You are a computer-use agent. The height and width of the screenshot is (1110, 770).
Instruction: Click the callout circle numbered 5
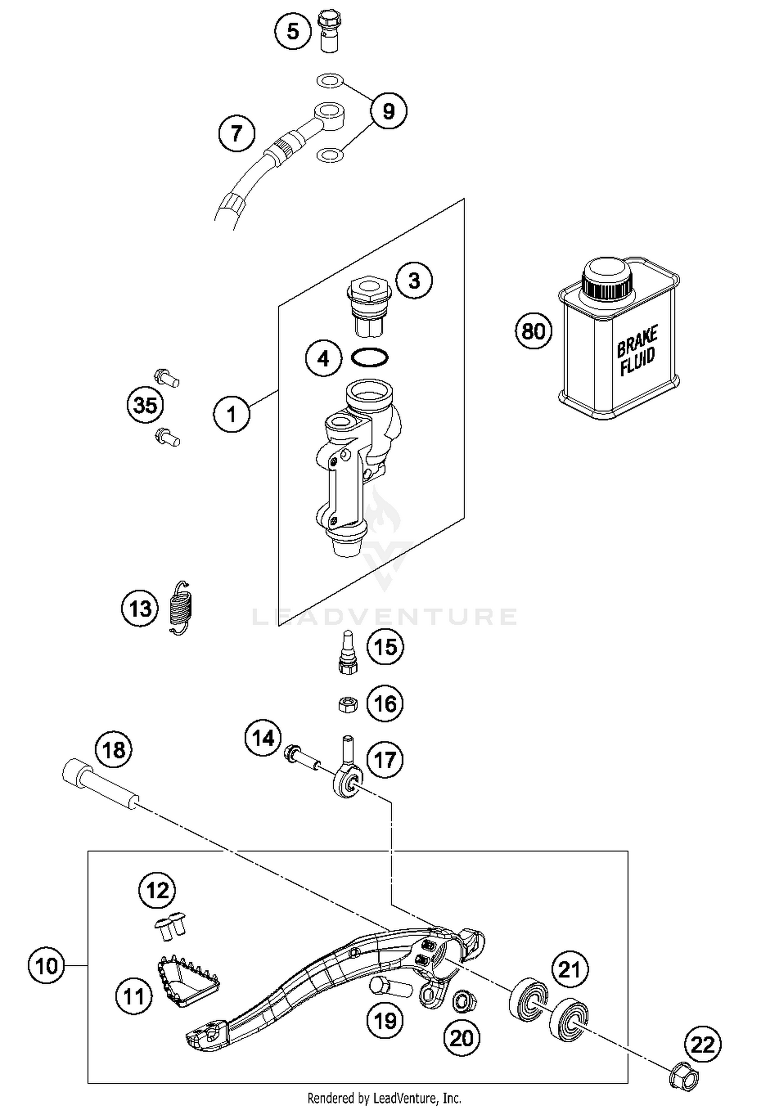click(293, 31)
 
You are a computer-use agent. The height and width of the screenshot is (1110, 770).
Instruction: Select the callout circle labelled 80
click(533, 331)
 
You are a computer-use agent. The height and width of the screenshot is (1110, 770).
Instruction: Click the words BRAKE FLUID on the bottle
click(637, 351)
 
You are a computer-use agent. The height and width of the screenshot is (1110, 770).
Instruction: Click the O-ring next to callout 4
click(370, 357)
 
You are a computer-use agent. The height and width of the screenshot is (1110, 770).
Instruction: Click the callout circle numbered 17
click(385, 760)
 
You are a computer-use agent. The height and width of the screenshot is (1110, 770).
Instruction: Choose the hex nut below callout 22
click(685, 1074)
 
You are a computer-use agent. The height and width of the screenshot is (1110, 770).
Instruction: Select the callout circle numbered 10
click(46, 966)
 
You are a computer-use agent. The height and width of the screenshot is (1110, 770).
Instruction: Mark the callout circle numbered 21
click(569, 970)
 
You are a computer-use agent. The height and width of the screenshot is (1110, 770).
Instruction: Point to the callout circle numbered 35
click(145, 405)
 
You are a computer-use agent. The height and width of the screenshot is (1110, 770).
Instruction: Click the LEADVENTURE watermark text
click(385, 616)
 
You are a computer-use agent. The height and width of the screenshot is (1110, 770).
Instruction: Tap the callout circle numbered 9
click(389, 111)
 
